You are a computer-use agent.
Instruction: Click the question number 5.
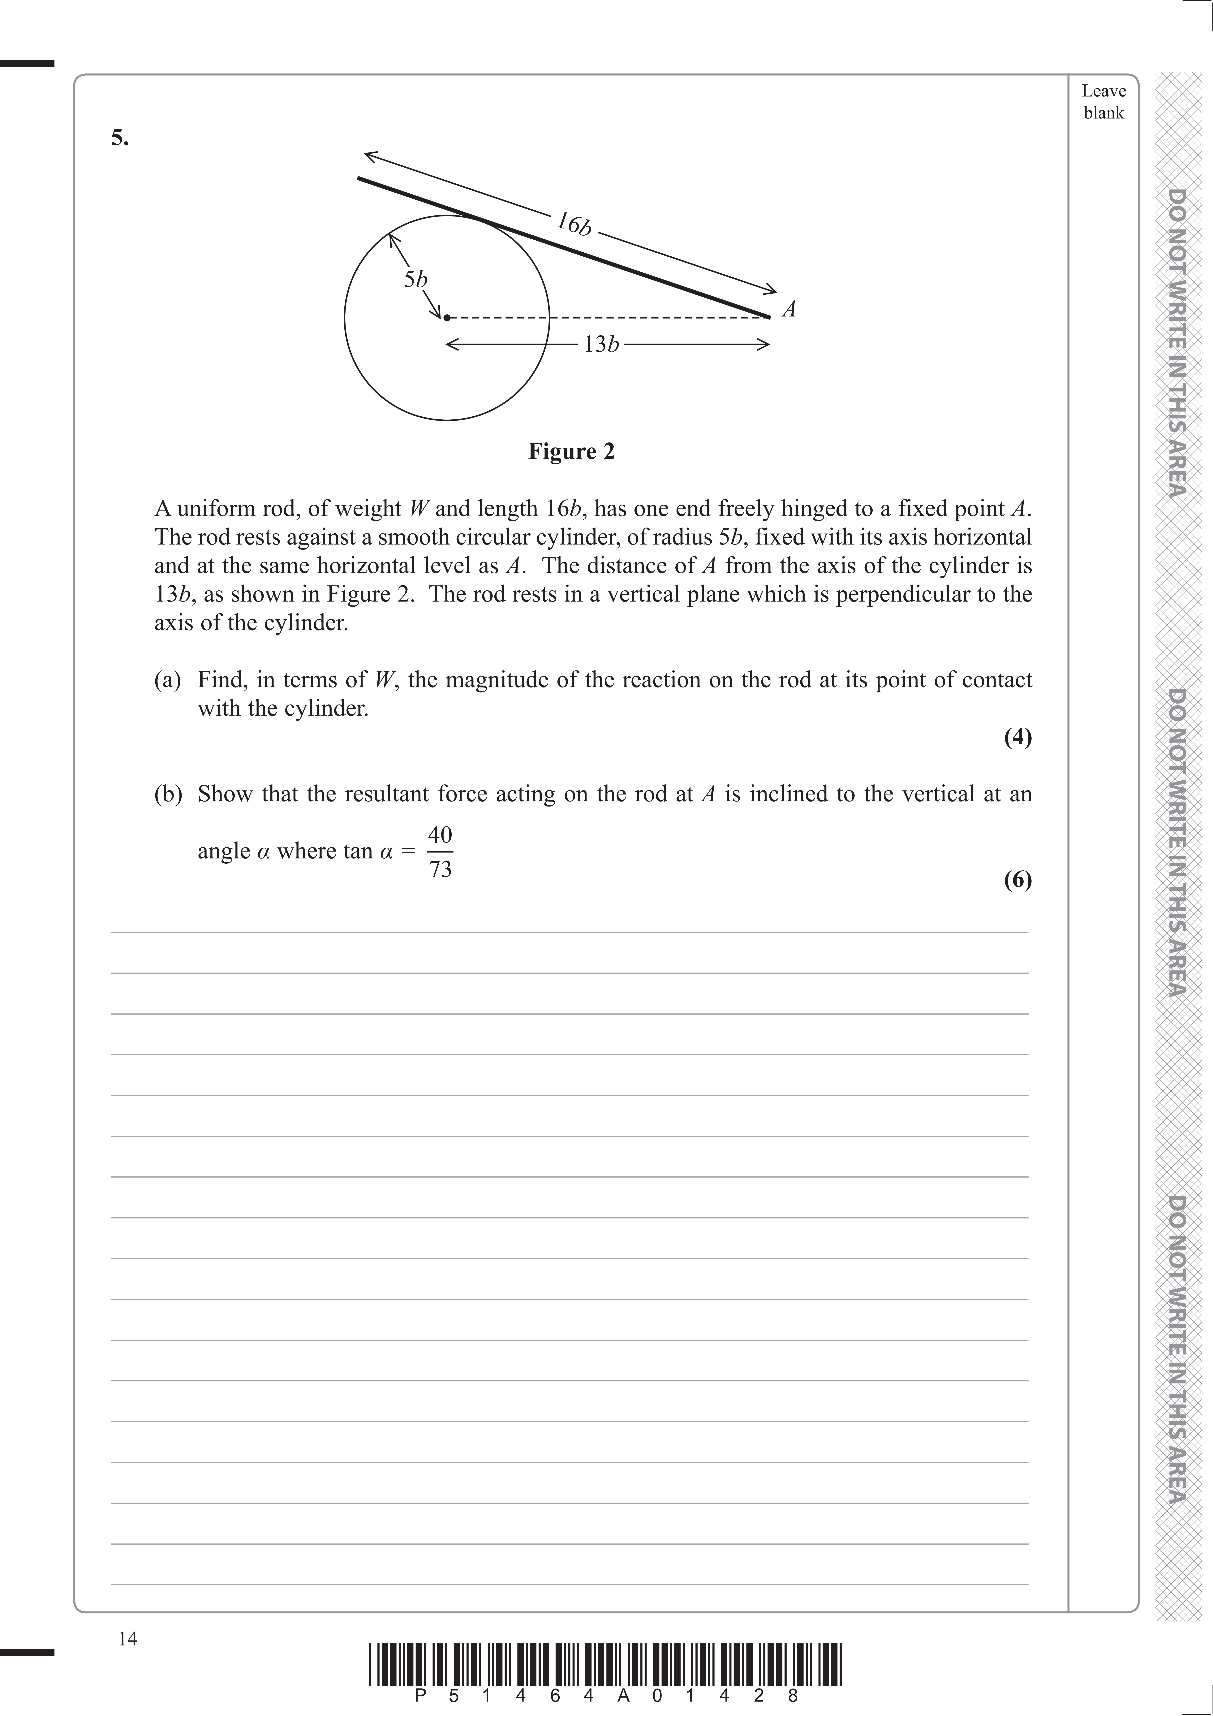[120, 138]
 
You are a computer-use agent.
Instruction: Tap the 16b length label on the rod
[574, 224]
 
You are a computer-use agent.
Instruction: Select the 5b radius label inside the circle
[415, 280]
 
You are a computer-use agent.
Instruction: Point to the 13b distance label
[602, 344]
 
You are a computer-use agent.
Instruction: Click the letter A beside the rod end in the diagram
[789, 309]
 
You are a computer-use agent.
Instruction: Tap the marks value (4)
[1017, 738]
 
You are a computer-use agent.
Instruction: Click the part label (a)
[168, 680]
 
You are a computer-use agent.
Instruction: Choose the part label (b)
[168, 794]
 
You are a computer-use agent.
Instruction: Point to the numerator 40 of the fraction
[440, 835]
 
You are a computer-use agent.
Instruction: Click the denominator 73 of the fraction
[440, 869]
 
